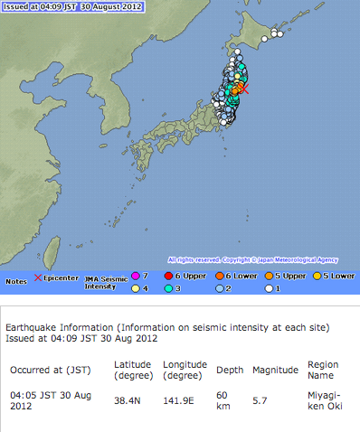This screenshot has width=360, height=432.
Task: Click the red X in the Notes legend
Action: tap(38, 277)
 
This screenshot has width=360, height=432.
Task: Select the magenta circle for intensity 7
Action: tap(136, 275)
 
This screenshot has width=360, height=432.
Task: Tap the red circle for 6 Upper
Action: tap(169, 275)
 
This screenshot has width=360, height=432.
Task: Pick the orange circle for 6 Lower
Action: tap(221, 275)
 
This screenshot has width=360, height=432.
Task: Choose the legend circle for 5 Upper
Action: tap(271, 275)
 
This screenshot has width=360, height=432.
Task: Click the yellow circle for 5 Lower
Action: tap(318, 275)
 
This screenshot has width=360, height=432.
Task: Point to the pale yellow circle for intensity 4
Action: tap(136, 288)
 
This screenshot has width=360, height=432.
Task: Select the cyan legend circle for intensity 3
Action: tap(169, 288)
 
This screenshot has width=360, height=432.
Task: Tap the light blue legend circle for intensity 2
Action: tap(221, 288)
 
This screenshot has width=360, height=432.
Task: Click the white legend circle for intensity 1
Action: tap(271, 288)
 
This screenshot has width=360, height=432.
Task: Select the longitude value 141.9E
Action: tap(178, 395)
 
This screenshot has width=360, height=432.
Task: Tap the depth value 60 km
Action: tap(223, 400)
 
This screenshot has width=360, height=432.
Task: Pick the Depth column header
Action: tap(226, 371)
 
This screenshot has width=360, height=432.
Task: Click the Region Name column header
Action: tap(323, 371)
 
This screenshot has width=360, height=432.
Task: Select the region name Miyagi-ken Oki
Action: tap(323, 400)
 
